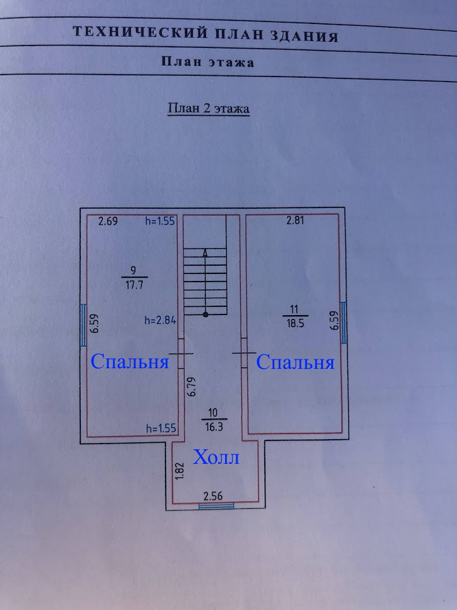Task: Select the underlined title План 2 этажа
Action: [208, 109]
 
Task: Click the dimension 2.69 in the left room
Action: [109, 221]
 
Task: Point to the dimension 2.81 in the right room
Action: [296, 221]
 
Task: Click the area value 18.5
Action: [295, 323]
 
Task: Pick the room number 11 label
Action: [295, 309]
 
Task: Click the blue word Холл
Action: [217, 457]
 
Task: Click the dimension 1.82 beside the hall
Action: [180, 471]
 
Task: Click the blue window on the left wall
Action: [85, 324]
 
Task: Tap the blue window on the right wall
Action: [343, 321]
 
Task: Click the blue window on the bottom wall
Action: [216, 506]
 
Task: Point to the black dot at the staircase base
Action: [205, 314]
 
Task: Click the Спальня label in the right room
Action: [295, 363]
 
